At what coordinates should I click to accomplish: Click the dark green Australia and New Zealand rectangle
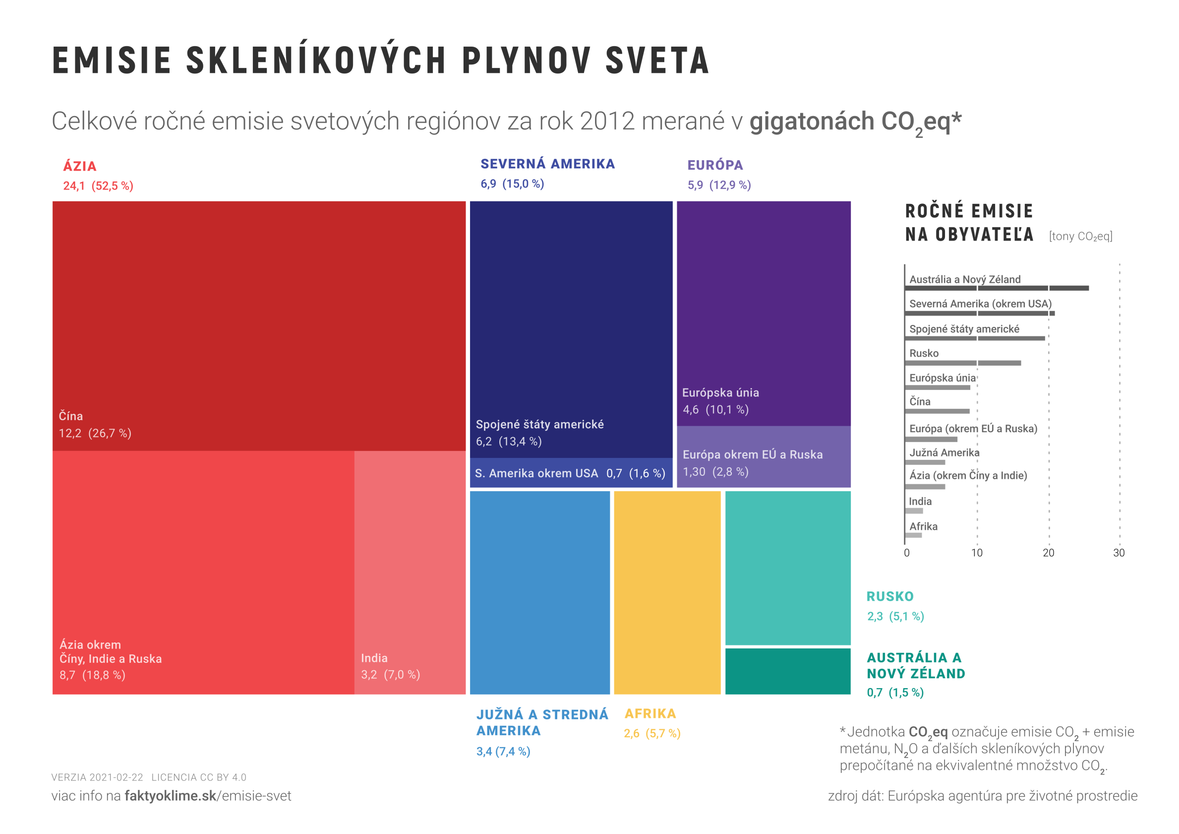(787, 671)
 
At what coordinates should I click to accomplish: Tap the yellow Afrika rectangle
(667, 592)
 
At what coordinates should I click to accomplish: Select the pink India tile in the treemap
(410, 572)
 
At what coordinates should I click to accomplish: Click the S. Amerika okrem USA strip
(571, 473)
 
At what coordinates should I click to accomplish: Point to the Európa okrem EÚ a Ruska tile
(763, 457)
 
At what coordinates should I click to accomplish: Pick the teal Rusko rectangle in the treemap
(787, 567)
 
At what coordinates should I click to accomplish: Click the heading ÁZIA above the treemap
(80, 167)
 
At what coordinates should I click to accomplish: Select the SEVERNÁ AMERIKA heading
(547, 164)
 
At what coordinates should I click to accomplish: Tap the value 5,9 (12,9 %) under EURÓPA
(719, 185)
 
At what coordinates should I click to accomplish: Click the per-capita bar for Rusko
(962, 363)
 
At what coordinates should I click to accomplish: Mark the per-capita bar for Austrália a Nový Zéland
(996, 288)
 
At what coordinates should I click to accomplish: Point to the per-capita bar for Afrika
(913, 535)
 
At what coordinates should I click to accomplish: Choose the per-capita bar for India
(914, 511)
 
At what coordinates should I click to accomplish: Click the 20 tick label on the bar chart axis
(1048, 553)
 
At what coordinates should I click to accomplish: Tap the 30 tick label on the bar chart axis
(1119, 553)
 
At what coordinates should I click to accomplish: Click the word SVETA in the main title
(657, 61)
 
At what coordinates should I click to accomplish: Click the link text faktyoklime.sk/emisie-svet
(207, 795)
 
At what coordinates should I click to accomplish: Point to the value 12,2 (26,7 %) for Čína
(95, 433)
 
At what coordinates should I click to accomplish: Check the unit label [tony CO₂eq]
(1080, 236)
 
